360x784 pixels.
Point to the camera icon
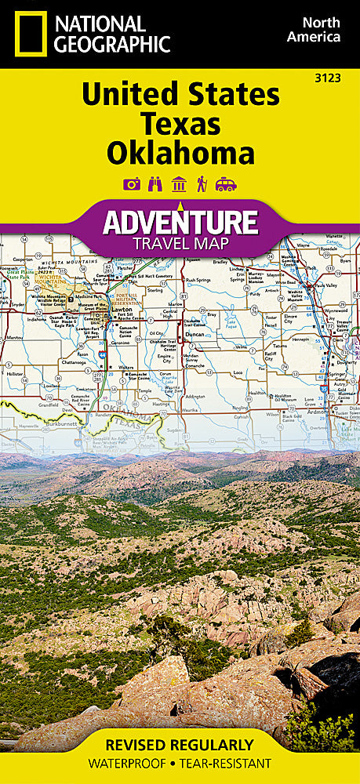pyautogui.click(x=131, y=184)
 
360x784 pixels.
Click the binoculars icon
pyautogui.click(x=155, y=184)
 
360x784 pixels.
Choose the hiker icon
pyautogui.click(x=202, y=184)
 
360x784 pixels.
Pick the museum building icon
pyautogui.click(x=179, y=184)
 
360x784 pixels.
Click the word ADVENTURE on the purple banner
pyautogui.click(x=180, y=222)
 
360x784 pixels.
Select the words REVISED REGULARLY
pyautogui.click(x=180, y=744)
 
